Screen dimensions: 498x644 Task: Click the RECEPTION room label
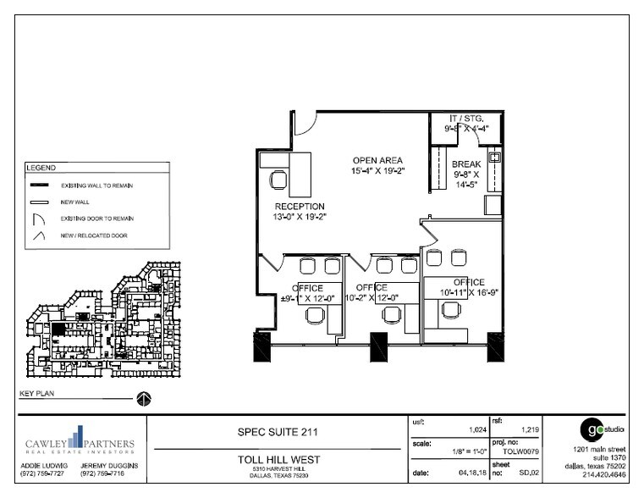coord(300,206)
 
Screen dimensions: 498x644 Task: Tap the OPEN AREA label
coord(377,160)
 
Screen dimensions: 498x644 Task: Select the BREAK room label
coord(466,164)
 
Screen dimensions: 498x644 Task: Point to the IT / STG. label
coord(465,119)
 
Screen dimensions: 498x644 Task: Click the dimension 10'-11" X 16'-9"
coord(468,292)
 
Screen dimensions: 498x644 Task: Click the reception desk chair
coord(278,180)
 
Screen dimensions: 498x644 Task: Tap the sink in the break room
coord(496,157)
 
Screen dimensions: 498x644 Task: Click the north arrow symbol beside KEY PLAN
coord(144,398)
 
